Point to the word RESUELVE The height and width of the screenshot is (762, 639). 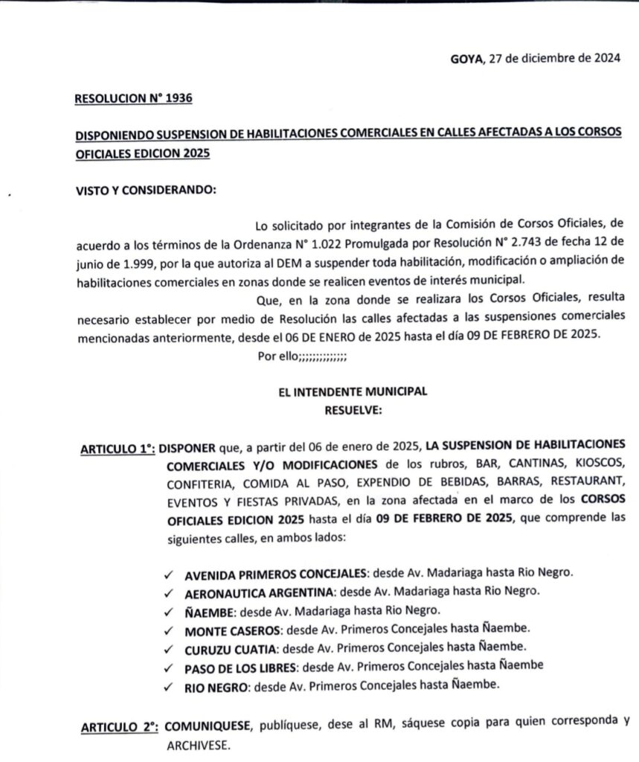353,409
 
